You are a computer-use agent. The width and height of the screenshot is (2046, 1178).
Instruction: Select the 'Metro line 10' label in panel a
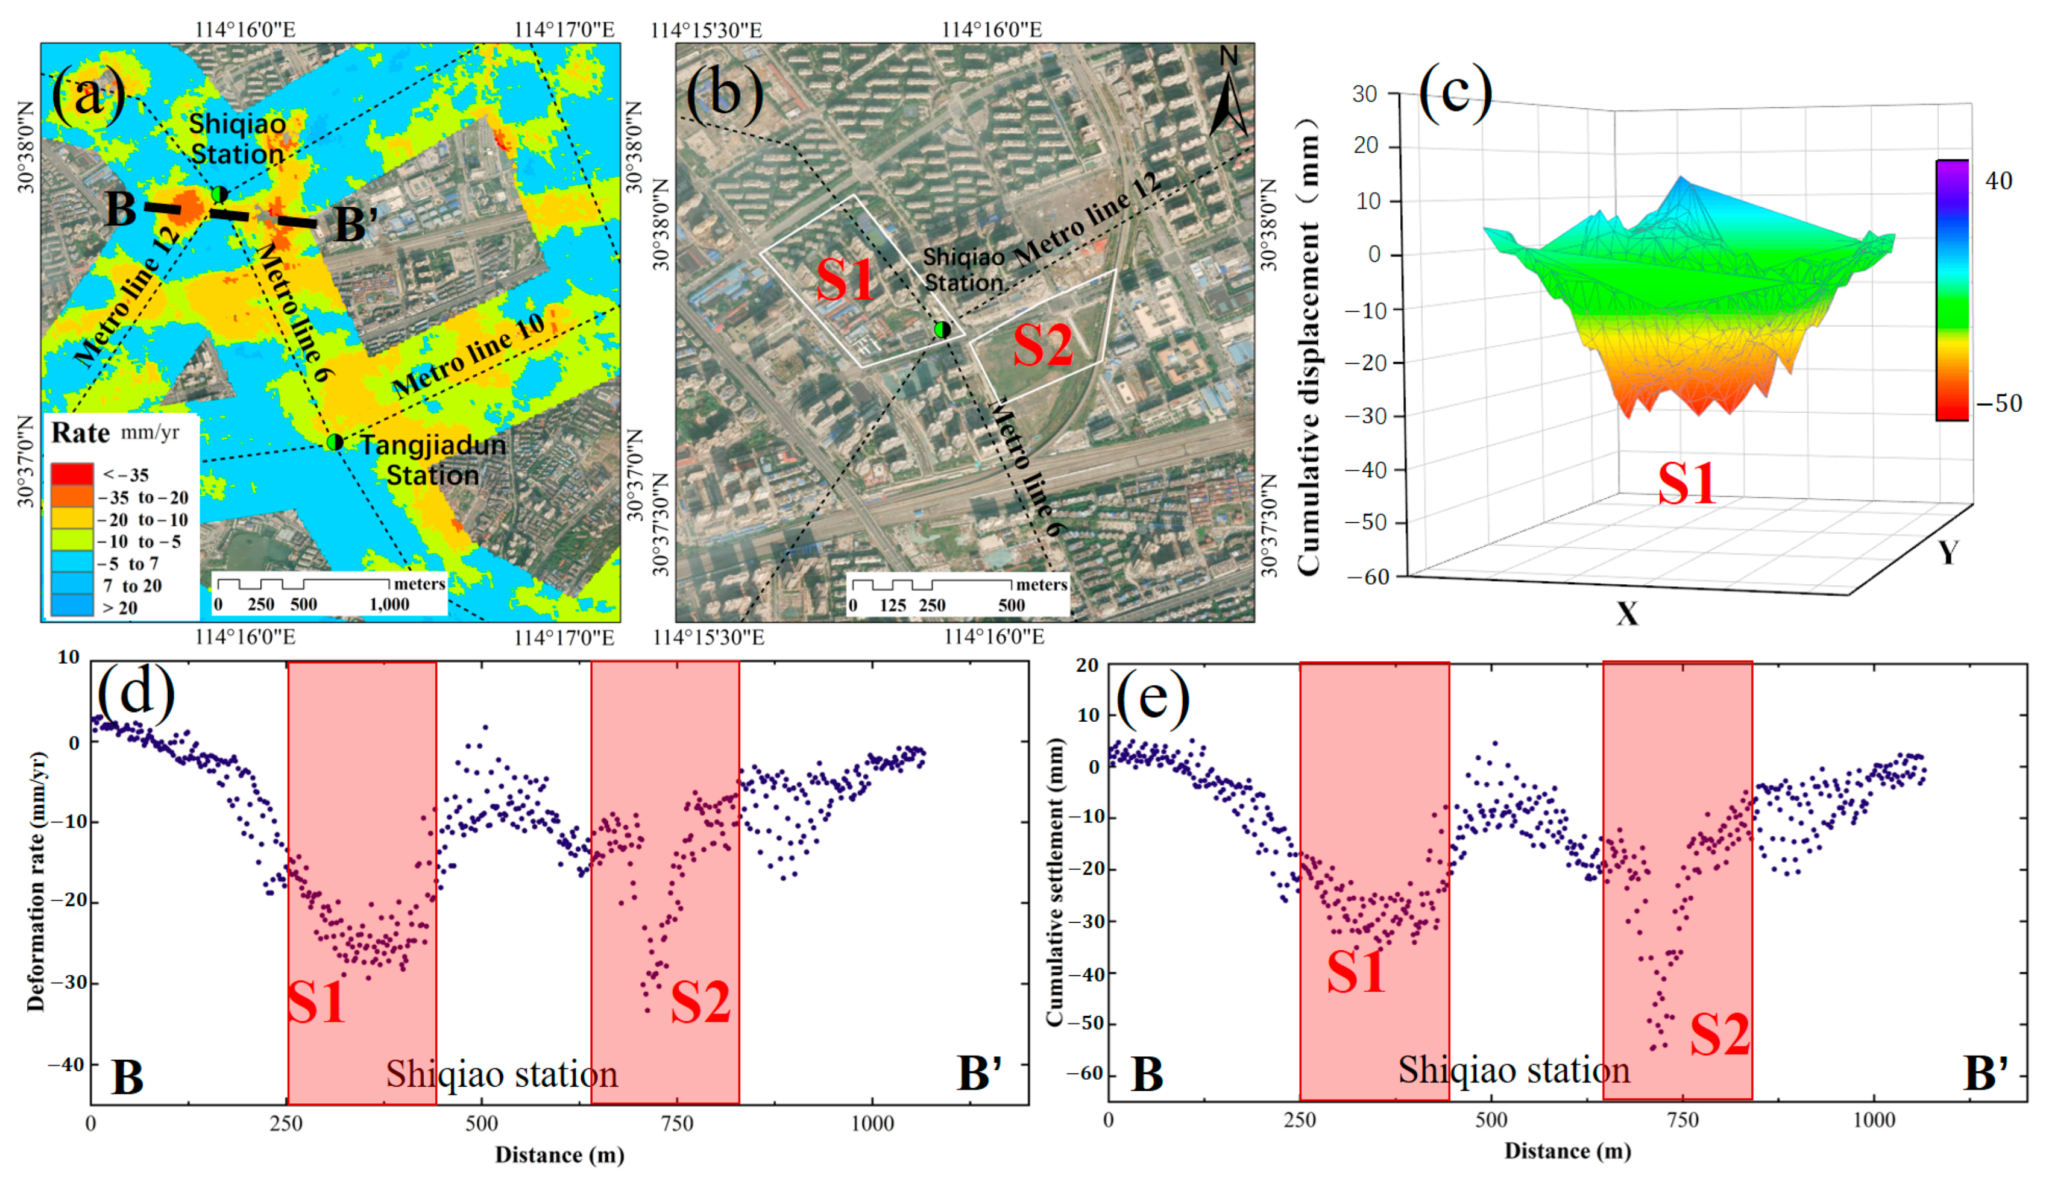tap(469, 356)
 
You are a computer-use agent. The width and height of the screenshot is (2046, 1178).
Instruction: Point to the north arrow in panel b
tap(1227, 93)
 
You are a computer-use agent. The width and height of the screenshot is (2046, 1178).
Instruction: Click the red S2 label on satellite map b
tap(1043, 345)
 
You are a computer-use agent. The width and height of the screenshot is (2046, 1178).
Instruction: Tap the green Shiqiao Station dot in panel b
tap(942, 329)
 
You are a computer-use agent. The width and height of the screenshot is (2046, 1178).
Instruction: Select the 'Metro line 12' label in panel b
tap(1088, 218)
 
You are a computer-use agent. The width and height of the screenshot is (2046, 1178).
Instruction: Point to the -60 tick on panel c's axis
tap(1368, 577)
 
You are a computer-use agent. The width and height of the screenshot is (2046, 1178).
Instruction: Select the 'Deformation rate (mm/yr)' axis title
tap(36, 882)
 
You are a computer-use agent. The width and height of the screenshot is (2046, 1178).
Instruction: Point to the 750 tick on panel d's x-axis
tap(677, 1124)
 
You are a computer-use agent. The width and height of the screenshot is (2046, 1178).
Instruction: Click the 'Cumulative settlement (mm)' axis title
tap(1054, 882)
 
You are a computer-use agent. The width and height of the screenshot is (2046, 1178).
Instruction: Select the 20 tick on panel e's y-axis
tap(1088, 665)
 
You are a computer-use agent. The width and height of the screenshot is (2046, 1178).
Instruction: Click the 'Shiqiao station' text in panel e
tap(1514, 1071)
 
